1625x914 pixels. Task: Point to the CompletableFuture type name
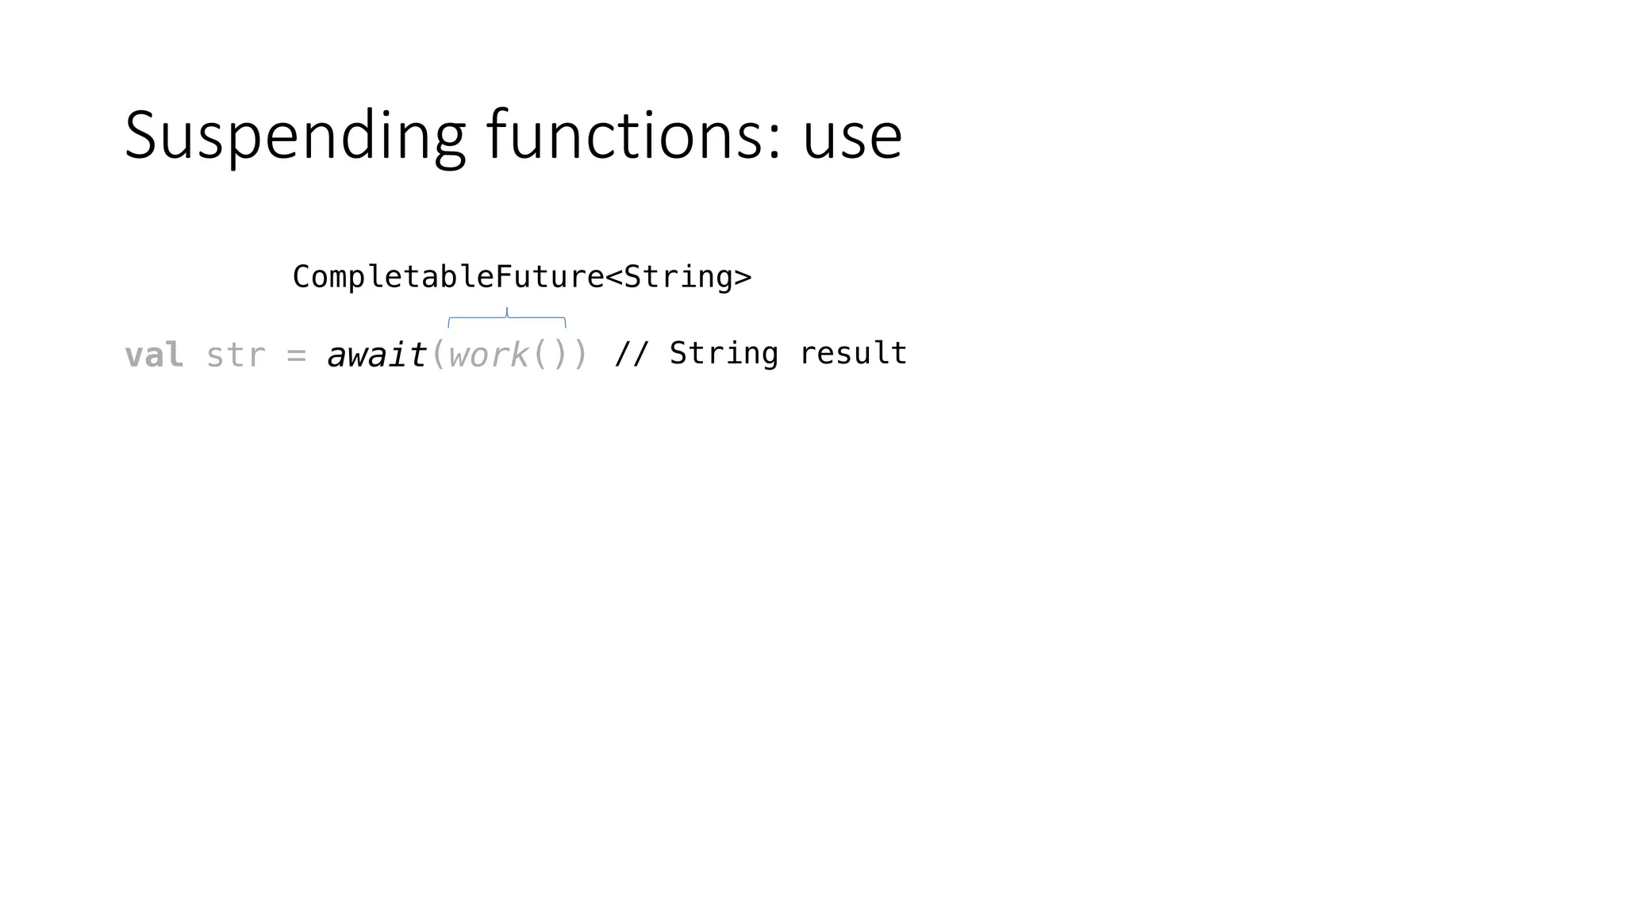click(448, 277)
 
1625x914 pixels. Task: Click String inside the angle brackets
click(678, 277)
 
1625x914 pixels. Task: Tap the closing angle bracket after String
click(743, 277)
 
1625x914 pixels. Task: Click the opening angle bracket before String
click(614, 277)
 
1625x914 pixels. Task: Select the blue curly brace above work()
click(507, 317)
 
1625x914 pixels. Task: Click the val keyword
click(154, 355)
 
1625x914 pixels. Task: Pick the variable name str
click(236, 355)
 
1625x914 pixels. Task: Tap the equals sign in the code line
click(296, 355)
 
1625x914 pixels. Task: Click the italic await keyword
click(377, 355)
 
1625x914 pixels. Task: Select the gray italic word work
click(488, 355)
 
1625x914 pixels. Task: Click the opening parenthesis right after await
click(438, 355)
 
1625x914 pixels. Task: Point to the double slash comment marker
click(632, 354)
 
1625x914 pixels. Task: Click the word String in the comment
click(724, 354)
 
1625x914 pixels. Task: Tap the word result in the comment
click(853, 354)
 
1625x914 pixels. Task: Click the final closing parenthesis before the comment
click(580, 355)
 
